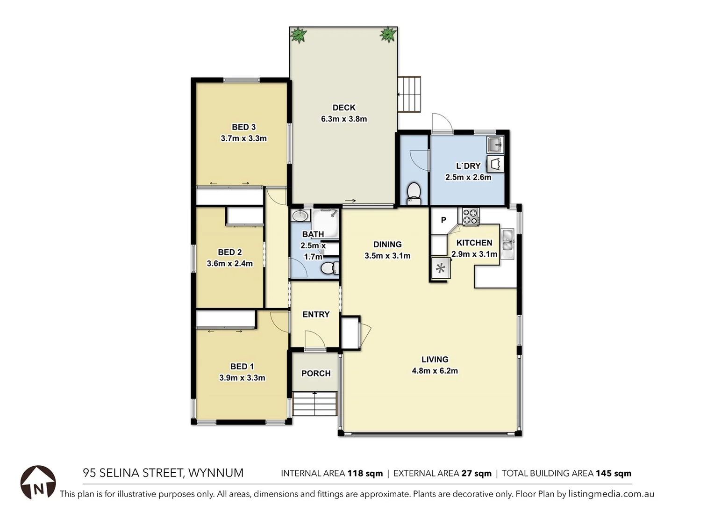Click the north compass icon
point(38,482)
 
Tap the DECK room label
point(344,108)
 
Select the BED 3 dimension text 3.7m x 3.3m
point(243,138)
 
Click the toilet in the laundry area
point(414,193)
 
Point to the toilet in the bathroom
point(329,268)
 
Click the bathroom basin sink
point(300,216)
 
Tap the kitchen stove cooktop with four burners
point(471,216)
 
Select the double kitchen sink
point(507,243)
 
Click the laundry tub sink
point(495,144)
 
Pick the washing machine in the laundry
point(495,165)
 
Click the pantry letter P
point(443,220)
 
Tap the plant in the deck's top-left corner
point(298,35)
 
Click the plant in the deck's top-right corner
point(388,34)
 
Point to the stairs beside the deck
point(409,94)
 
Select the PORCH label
point(316,373)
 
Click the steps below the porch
point(314,404)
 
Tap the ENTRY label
point(316,314)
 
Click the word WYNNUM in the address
point(215,473)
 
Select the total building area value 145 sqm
point(613,473)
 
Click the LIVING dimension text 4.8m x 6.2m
point(435,371)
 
